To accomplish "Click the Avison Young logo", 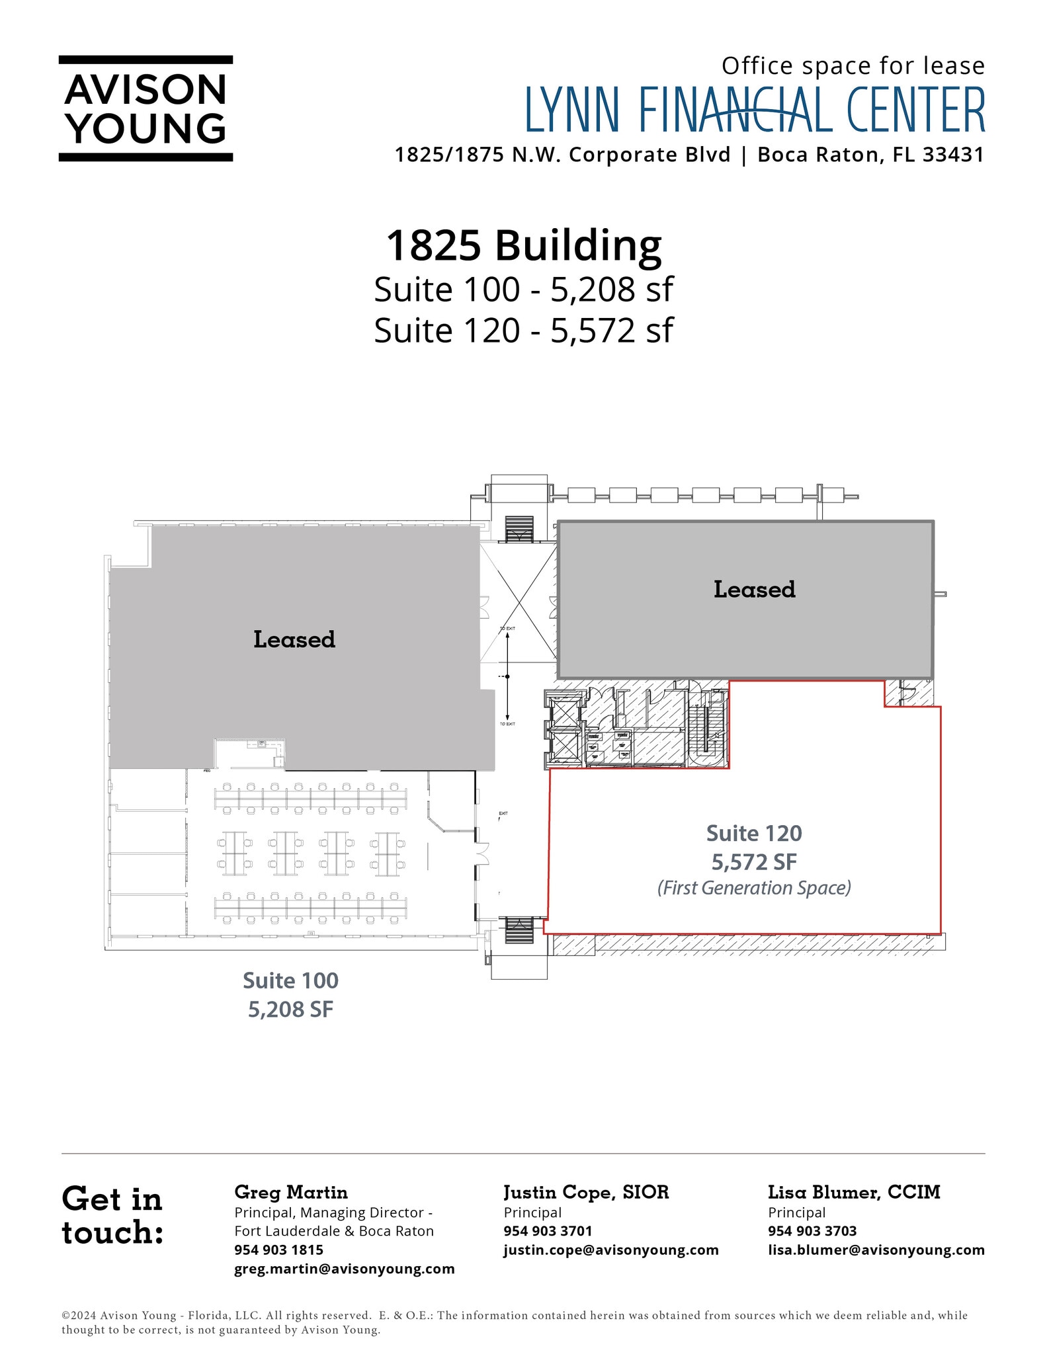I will pos(146,108).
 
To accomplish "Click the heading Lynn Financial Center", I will pos(755,110).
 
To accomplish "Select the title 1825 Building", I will pos(523,245).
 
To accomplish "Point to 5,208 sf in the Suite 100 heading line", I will pos(612,290).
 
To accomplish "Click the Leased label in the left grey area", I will pos(294,639).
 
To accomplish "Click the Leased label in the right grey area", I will pos(754,589).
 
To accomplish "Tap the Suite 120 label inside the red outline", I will pos(754,833).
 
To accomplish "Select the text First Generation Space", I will pos(754,888).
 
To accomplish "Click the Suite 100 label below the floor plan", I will pos(290,980).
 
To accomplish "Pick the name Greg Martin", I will pos(291,1192).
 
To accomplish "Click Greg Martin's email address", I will pos(345,1269).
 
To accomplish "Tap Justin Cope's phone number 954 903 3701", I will pos(548,1231).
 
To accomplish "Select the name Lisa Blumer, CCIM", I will pos(854,1192).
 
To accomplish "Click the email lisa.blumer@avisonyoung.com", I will pos(876,1250).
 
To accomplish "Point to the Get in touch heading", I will pos(112,1215).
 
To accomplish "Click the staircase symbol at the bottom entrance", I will pos(519,930).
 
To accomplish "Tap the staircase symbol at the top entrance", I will pos(519,529).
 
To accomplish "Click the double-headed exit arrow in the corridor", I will pos(507,676).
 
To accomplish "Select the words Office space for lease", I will pos(853,66).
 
